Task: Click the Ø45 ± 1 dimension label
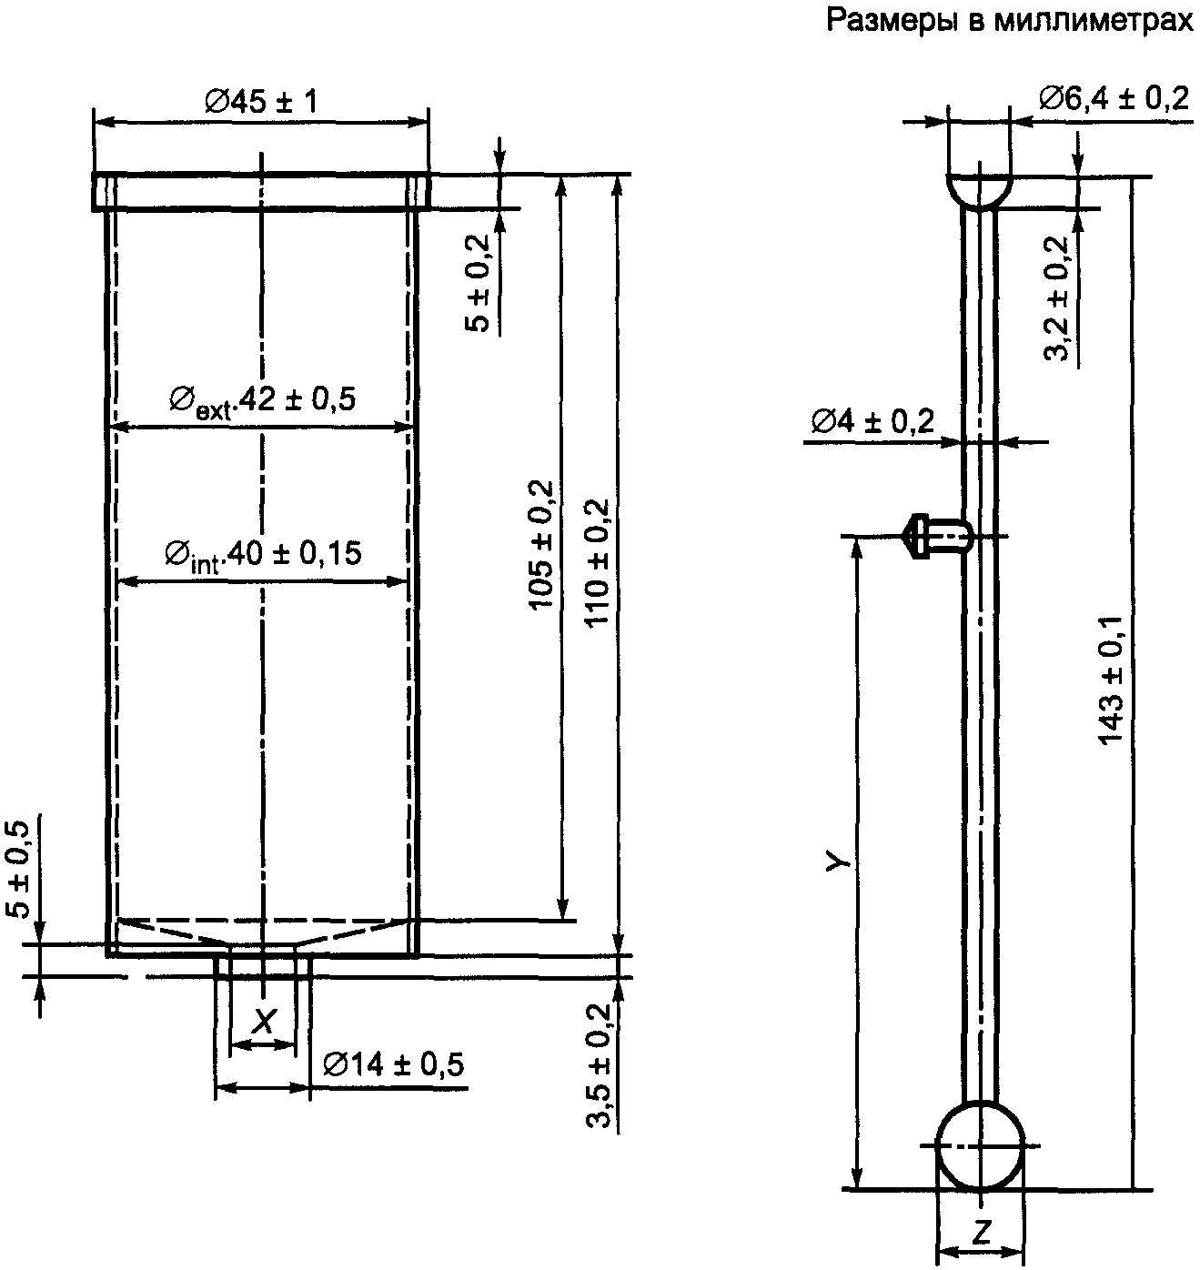261,101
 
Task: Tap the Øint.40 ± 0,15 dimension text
263,554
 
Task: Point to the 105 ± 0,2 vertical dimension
540,545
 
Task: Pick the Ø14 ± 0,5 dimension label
394,1064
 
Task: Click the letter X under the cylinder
262,1023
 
